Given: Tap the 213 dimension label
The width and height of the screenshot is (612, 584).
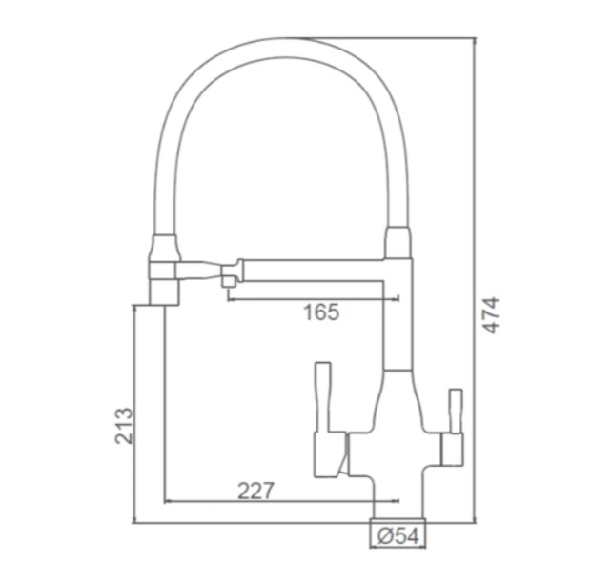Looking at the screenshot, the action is point(124,425).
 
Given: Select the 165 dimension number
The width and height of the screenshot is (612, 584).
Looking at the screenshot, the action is point(321,312).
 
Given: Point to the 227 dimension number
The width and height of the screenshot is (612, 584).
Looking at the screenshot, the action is point(256,491).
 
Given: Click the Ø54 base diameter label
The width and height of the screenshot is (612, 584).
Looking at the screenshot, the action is point(398,535).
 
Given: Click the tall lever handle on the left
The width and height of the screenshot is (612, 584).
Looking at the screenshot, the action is point(323,396).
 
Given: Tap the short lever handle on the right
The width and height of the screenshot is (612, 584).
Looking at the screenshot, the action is point(456,411).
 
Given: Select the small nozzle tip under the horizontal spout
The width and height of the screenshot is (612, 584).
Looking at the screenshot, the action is point(229,281).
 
